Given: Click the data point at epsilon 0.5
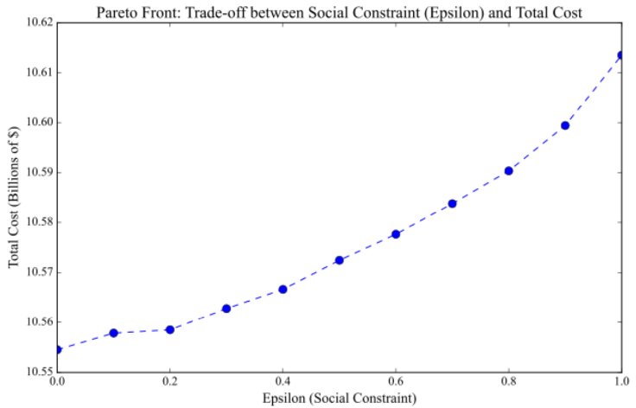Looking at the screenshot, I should [340, 260].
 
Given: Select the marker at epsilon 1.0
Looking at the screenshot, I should [621, 55].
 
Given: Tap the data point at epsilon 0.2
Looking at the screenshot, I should [170, 329].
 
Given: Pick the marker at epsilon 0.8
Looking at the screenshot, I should [509, 170].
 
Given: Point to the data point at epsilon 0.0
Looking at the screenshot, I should [58, 349].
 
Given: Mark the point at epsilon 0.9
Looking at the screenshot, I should [565, 125].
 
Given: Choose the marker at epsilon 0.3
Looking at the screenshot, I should [226, 309].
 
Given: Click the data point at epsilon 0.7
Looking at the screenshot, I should [452, 204].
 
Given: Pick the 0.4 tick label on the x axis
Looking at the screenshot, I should [283, 382].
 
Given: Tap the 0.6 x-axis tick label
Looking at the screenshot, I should [396, 382].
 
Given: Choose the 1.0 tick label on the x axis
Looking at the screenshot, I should [620, 382].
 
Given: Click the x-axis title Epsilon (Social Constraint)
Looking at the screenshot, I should [340, 398].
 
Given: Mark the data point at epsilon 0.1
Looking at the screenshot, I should [114, 333].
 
